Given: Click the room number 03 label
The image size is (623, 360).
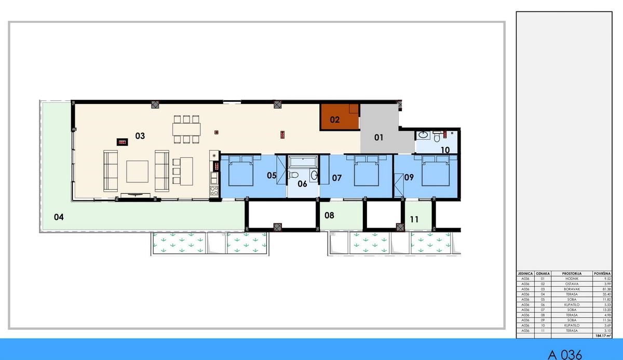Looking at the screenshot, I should (140, 136).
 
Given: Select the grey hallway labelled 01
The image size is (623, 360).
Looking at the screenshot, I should (379, 136).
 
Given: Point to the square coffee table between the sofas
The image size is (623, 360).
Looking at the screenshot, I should (138, 171).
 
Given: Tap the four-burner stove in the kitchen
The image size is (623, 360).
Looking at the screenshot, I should (214, 166).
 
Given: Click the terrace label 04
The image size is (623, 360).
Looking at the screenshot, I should (59, 217).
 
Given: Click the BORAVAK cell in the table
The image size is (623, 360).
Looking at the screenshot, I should (571, 289).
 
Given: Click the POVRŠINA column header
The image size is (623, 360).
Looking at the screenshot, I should (602, 273).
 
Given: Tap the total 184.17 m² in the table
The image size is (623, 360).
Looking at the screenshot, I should (602, 336).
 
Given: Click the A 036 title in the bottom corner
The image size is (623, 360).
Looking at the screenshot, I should (565, 354).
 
